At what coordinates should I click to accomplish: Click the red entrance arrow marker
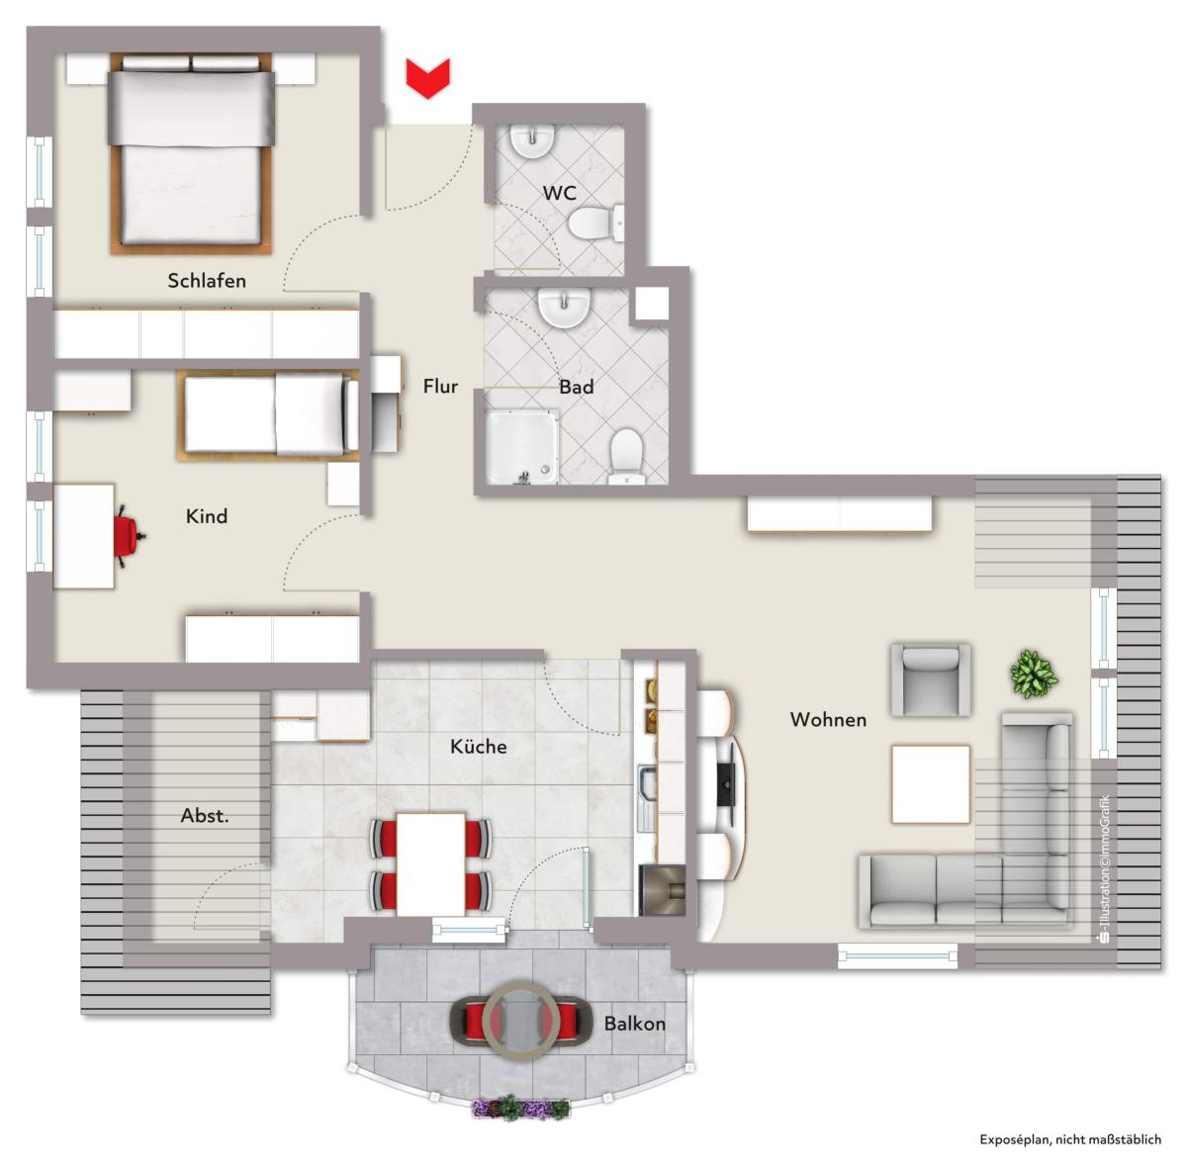point(427,77)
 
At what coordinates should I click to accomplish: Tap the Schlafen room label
point(207,281)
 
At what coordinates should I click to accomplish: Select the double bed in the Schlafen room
point(191,154)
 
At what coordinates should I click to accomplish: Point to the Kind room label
point(207,515)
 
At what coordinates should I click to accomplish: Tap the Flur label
point(440,387)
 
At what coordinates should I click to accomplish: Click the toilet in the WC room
point(595,224)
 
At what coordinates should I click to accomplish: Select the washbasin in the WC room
point(533,141)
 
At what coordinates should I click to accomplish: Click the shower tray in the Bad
point(522,447)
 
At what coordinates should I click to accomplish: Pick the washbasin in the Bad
point(564,308)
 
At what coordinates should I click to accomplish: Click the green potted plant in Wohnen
point(1035,674)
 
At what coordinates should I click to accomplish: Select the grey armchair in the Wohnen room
point(931,679)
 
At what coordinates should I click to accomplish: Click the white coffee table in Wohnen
point(931,783)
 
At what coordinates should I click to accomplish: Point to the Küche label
point(479,747)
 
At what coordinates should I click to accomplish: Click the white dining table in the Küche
point(430,864)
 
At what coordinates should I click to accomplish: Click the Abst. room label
point(205,816)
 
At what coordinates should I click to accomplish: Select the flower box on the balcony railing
point(520,1108)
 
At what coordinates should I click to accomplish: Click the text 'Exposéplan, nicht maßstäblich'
point(1070,1139)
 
